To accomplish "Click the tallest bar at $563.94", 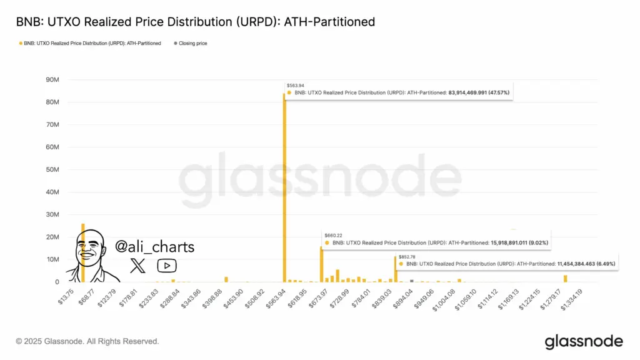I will pos(284,187).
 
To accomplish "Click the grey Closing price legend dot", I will pos(175,43).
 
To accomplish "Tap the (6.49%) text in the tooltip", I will pos(605,264).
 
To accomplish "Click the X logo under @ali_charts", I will pos(137,266).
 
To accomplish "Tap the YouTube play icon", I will pos(166,266).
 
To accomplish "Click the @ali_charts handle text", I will pos(154,247).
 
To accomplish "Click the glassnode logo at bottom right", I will pos(584,341).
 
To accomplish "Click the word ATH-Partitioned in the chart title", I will pos(329,22).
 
